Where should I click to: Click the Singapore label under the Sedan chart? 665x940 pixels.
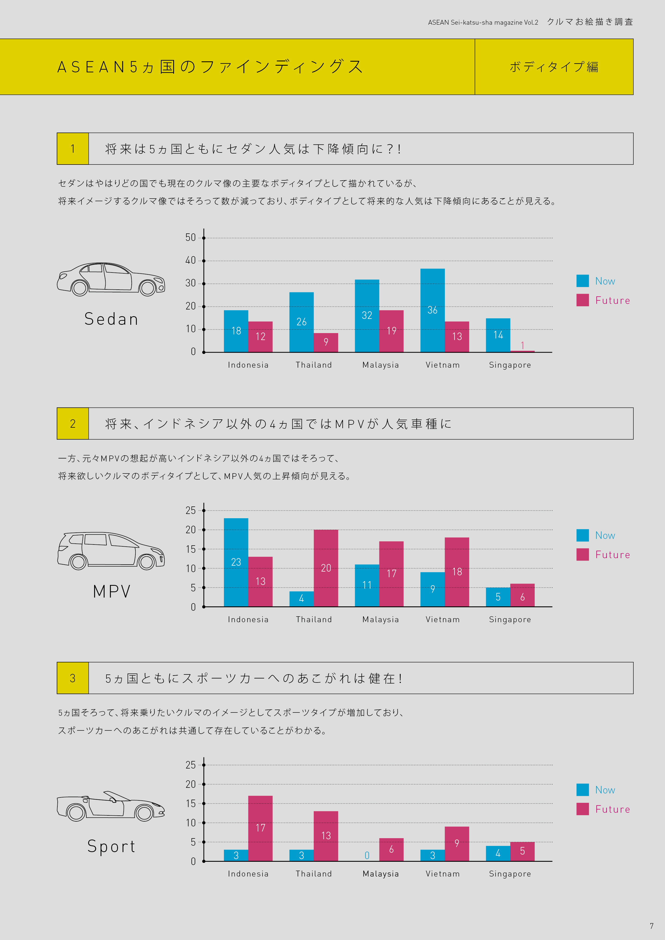point(510,365)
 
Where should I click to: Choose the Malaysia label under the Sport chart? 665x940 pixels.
point(380,874)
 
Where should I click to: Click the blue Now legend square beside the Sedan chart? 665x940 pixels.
point(582,281)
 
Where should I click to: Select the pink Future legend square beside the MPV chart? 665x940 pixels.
point(582,554)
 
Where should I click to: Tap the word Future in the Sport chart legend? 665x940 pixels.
point(612,810)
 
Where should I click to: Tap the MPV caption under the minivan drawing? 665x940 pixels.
point(112,592)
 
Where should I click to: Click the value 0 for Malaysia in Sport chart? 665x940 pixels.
point(367,855)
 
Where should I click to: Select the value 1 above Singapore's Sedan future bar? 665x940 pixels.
point(522,345)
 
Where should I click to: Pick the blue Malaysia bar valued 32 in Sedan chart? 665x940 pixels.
point(367,315)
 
